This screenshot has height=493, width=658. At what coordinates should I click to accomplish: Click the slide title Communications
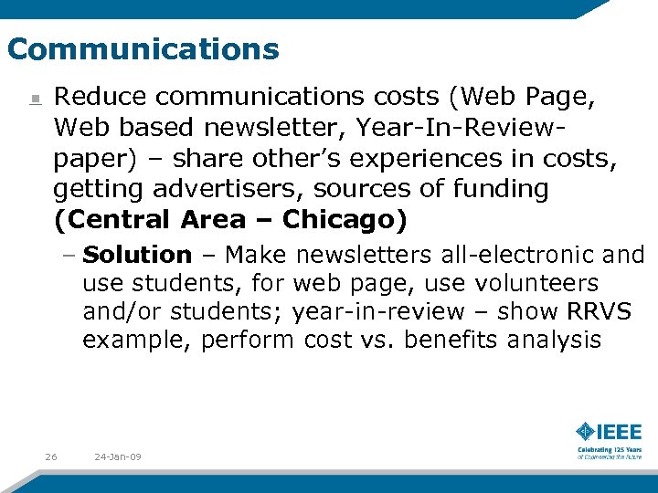(143, 48)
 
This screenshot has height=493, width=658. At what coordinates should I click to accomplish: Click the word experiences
(425, 158)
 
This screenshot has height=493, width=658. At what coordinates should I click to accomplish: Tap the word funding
(502, 189)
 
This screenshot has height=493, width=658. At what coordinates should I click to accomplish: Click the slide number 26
(51, 456)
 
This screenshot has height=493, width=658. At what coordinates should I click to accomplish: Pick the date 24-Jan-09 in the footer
(118, 456)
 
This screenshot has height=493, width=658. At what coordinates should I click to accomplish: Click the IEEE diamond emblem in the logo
(585, 431)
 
